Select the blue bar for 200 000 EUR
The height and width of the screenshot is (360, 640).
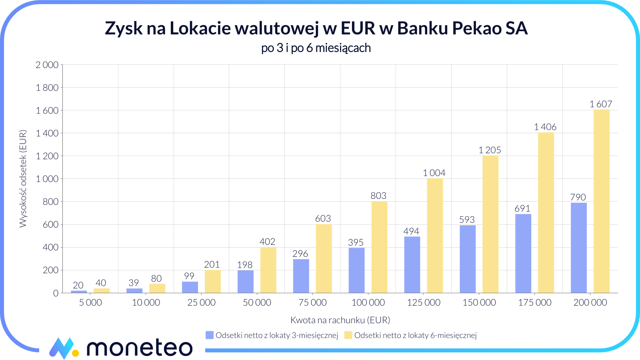click(x=578, y=248)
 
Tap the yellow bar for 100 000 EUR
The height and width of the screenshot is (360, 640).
click(x=379, y=247)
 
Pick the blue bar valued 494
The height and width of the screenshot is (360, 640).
click(x=412, y=265)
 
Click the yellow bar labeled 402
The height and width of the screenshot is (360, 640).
click(x=268, y=270)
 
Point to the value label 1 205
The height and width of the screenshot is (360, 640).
click(x=490, y=150)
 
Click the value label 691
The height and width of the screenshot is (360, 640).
click(x=522, y=208)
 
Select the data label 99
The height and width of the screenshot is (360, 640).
click(x=189, y=276)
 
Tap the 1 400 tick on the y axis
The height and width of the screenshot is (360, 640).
click(x=47, y=133)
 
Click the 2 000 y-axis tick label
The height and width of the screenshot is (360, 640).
click(x=47, y=65)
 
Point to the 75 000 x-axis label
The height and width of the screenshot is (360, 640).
click(x=312, y=303)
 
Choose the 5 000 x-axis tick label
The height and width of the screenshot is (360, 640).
click(x=90, y=303)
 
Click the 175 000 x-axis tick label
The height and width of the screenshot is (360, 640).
click(x=534, y=303)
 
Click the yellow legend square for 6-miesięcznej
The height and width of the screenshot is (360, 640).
click(x=348, y=335)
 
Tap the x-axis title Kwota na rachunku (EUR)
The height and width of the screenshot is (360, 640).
click(x=340, y=320)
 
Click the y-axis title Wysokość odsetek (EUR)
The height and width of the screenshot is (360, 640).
click(x=23, y=179)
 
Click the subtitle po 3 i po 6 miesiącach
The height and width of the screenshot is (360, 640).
click(x=316, y=48)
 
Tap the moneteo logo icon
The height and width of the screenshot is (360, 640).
click(x=63, y=348)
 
